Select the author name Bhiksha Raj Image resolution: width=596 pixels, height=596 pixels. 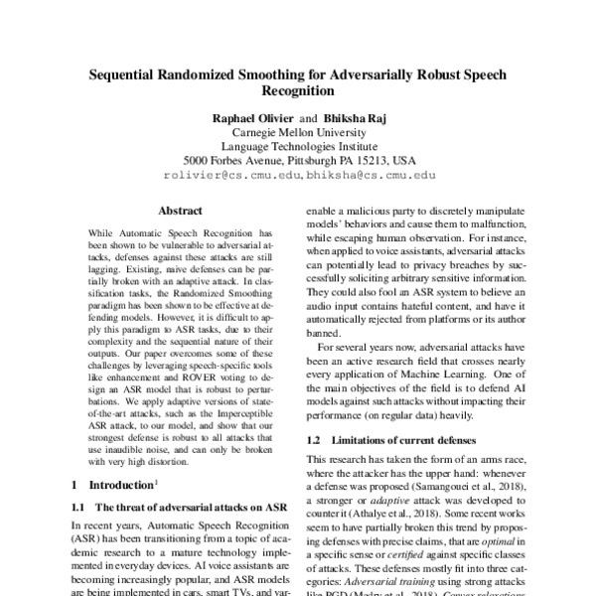[353, 117]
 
